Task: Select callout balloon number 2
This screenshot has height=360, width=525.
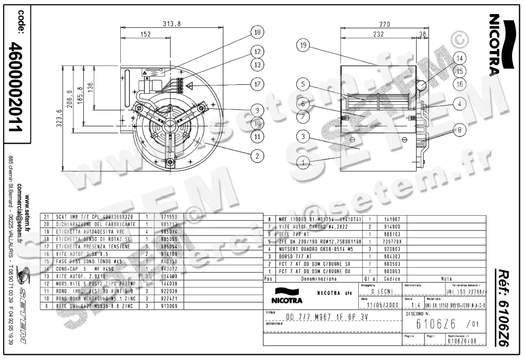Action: click(257, 155)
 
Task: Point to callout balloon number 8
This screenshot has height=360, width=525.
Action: click(459, 129)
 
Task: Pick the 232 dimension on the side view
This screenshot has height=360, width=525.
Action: click(378, 34)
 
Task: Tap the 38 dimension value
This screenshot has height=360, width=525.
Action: click(422, 34)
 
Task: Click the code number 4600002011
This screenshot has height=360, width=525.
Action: click(17, 87)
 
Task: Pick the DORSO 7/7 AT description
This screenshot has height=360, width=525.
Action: click(295, 256)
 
